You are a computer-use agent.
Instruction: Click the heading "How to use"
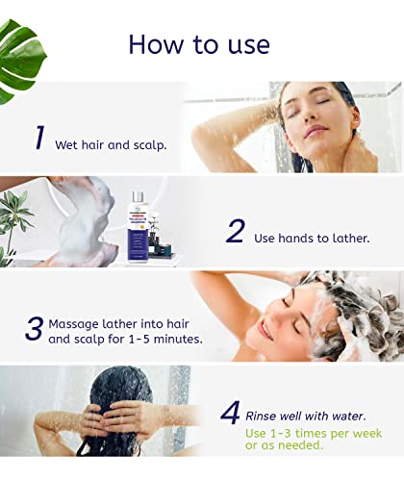[x=199, y=43]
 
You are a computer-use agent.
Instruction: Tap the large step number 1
[x=39, y=138]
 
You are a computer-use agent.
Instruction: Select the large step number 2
[x=236, y=231]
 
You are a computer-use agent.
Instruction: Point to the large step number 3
[x=34, y=328]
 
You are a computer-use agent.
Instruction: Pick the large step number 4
[x=230, y=414]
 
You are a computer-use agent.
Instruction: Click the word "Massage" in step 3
[x=80, y=323]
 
